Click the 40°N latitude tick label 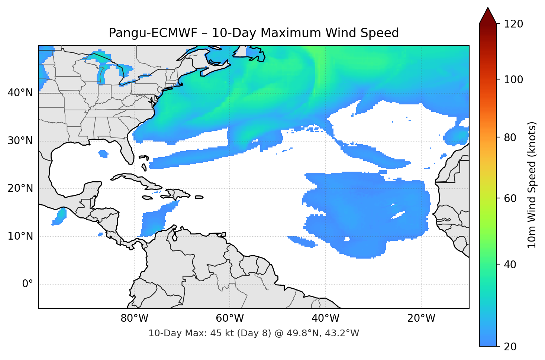pos(20,93)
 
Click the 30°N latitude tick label pos(20,141)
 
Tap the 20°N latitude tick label pos(20,188)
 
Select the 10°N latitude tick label pos(20,236)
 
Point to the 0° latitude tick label pos(28,284)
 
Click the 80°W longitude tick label pos(134,318)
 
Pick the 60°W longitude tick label pos(230,318)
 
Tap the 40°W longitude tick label pos(325,318)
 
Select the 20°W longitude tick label pos(421,318)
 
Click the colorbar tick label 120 pos(513,24)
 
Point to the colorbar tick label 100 pos(513,80)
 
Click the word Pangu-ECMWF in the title pos(153,33)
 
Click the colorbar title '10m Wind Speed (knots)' pos(532,185)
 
